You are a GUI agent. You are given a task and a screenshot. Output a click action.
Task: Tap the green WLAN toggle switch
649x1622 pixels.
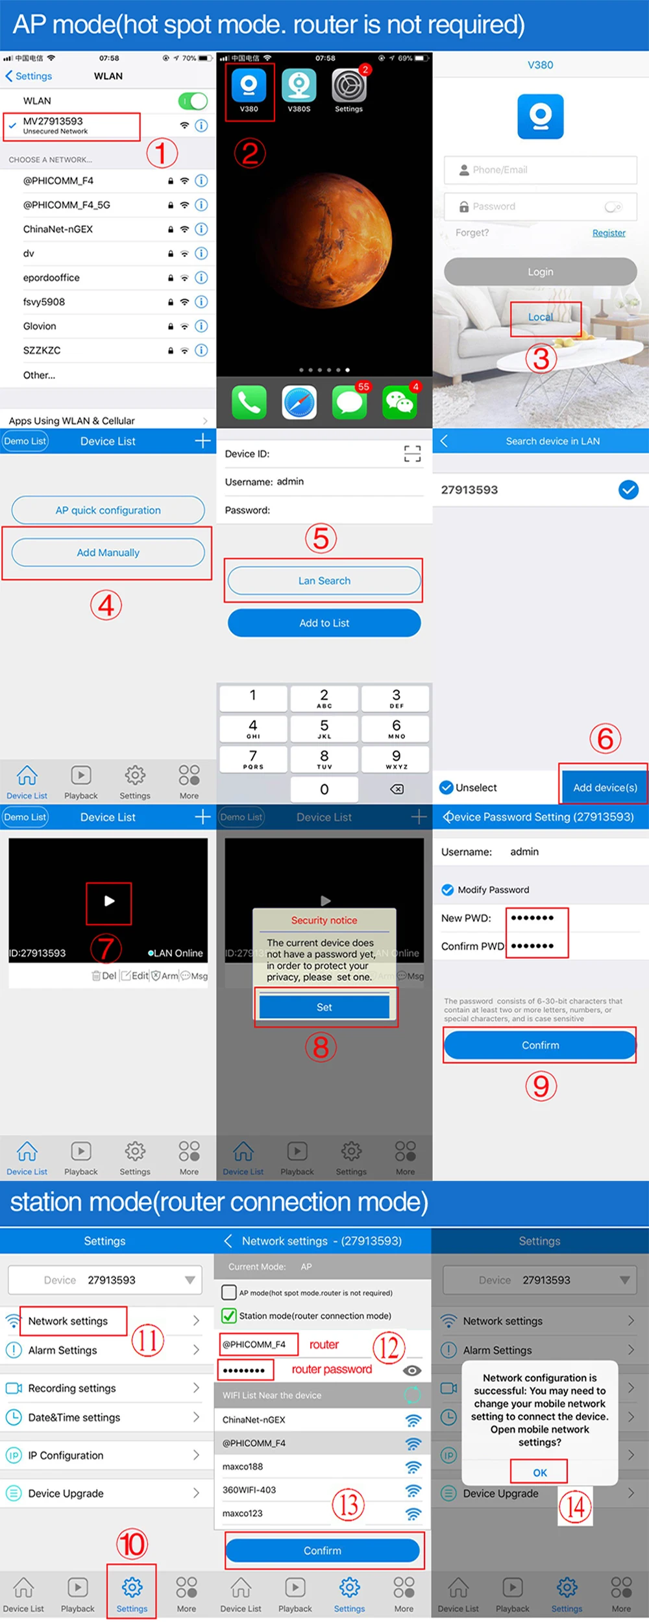pos(193,101)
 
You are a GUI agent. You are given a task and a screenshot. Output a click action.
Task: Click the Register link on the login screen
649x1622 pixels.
pos(609,233)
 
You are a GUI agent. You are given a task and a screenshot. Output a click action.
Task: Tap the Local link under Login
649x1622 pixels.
pos(541,317)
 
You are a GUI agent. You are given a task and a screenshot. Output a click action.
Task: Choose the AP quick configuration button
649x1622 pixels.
pos(108,510)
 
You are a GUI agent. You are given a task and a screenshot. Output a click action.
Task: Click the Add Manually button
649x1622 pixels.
pos(108,552)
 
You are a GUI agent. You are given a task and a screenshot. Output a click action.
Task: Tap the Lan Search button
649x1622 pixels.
pos(324,581)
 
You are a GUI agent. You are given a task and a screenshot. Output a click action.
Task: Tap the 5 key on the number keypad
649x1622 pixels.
pos(324,729)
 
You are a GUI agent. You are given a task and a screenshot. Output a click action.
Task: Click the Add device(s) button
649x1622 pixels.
pos(605,787)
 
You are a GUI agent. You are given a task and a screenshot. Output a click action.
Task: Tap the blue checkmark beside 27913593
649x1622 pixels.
pos(628,490)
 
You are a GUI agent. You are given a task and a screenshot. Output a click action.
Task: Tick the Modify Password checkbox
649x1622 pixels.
pos(448,890)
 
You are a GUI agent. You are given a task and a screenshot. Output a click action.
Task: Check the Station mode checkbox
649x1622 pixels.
pos(228,1315)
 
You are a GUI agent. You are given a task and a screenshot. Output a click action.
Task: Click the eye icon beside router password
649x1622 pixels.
pos(412,1370)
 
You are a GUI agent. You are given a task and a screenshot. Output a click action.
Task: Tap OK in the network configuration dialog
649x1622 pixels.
pos(540,1472)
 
